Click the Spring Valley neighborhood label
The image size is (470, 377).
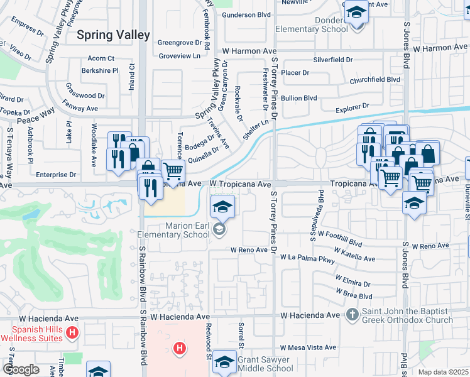114,35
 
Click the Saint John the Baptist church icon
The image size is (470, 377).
353,314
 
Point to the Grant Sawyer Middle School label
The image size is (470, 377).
265,364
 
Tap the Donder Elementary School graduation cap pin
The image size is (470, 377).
356,12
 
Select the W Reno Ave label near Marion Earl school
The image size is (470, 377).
249,249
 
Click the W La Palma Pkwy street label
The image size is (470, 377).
308,258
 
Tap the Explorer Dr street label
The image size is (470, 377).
352,107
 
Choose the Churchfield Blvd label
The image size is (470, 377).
374,80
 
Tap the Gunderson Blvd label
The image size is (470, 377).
246,14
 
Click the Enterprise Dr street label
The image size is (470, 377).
55,174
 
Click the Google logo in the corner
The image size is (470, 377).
20,369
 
